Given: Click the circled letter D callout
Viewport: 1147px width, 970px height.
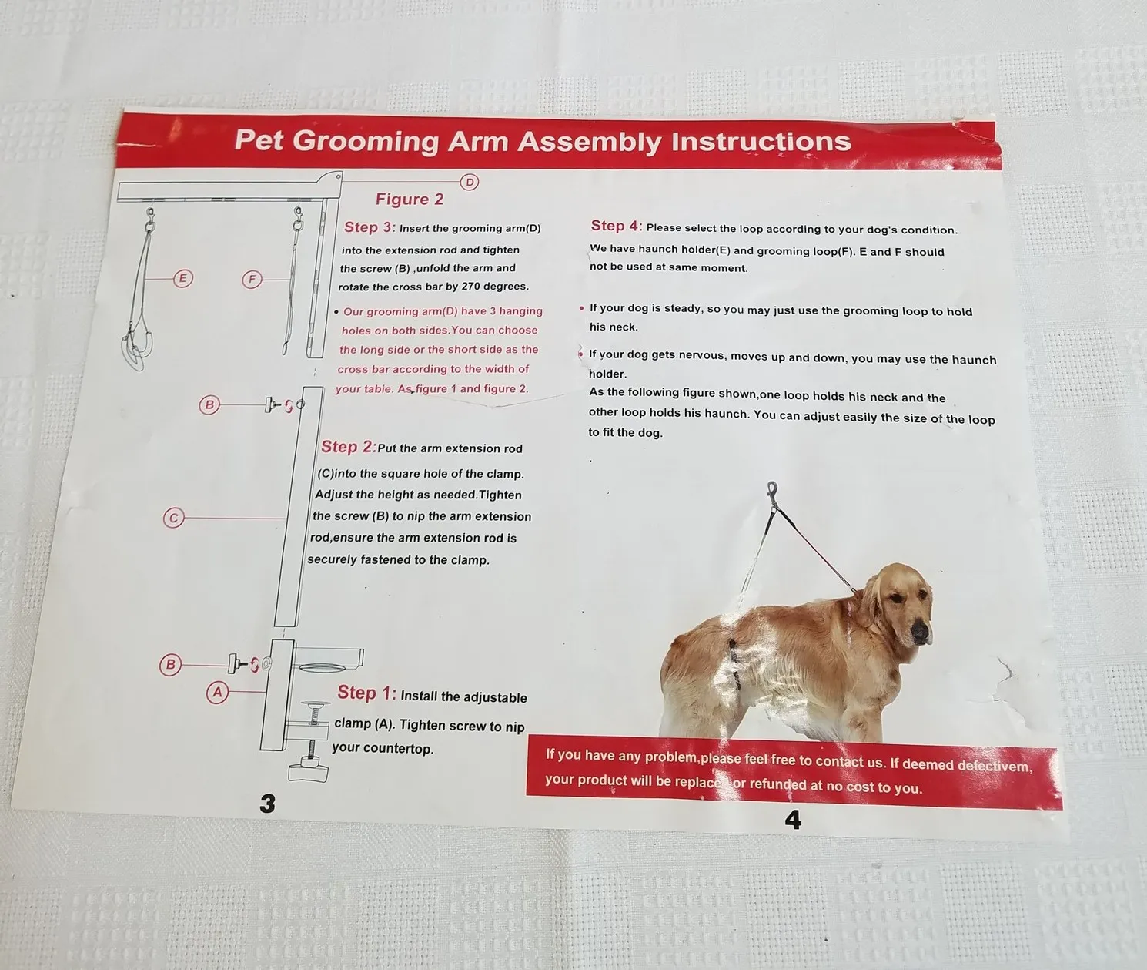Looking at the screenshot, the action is click(469, 182).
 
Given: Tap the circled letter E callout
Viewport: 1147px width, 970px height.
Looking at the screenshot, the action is click(183, 278).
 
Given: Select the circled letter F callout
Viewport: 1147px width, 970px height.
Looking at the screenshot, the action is click(252, 280).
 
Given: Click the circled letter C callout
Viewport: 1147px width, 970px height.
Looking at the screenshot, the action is click(173, 518).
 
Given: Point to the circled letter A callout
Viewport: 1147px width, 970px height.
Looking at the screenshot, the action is click(218, 692).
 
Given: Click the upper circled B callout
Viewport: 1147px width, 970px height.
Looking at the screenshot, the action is click(209, 405).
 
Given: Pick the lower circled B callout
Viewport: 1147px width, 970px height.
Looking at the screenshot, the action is click(170, 664).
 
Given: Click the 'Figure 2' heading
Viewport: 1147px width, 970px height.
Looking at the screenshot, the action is click(410, 199).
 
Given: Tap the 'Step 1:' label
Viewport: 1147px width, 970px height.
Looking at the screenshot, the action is click(366, 693).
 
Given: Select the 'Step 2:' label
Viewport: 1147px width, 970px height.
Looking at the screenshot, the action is click(349, 447).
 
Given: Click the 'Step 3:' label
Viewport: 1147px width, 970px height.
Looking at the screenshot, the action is click(370, 227).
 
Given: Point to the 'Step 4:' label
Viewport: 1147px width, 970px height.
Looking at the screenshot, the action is click(617, 226).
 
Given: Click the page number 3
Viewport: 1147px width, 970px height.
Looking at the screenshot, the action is click(268, 804).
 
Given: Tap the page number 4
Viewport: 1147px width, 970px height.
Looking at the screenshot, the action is click(793, 820).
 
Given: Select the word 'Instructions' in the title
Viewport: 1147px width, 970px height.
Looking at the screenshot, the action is click(761, 142).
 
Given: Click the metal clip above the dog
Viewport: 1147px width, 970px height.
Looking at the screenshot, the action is click(772, 495).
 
